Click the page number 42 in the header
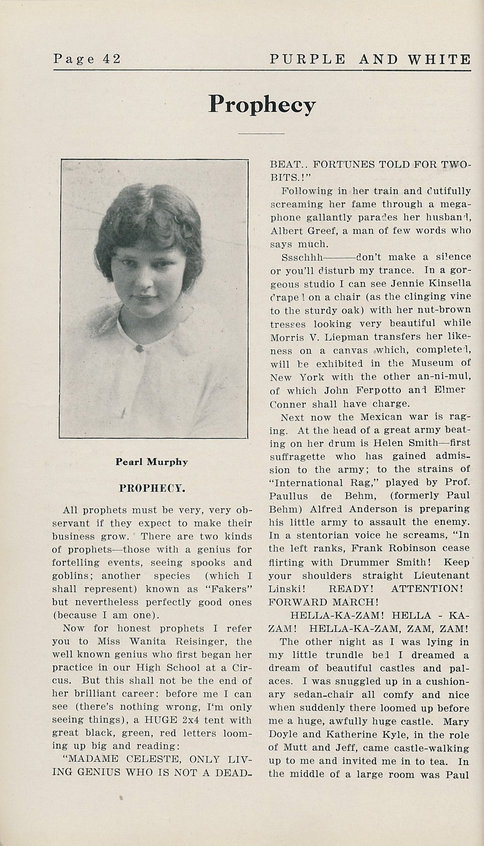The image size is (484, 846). coord(111,59)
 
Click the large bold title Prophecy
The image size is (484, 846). coord(262,104)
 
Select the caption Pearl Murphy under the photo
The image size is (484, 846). coord(151,461)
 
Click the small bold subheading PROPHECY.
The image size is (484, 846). coord(151,488)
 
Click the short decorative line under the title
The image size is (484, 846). coord(262,133)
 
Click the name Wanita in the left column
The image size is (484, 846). coord(132,642)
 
